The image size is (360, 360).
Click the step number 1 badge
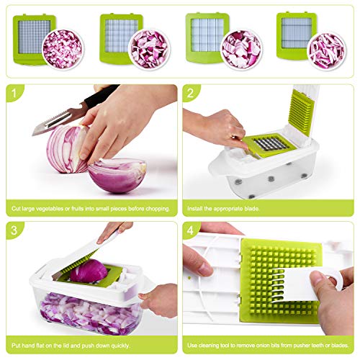point(14,93)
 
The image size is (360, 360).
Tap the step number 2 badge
point(190,93)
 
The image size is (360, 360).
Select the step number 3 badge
point(14,230)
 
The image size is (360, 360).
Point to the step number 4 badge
point(190,230)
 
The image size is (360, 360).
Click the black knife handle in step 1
point(101,96)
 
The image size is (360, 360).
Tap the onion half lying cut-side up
point(117,175)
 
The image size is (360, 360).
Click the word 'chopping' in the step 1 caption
point(157,209)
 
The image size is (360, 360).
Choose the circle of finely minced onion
point(63,49)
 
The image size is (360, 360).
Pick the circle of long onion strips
point(327,51)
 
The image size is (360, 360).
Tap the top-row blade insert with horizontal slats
point(297,36)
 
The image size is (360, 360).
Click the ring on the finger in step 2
point(233,137)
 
